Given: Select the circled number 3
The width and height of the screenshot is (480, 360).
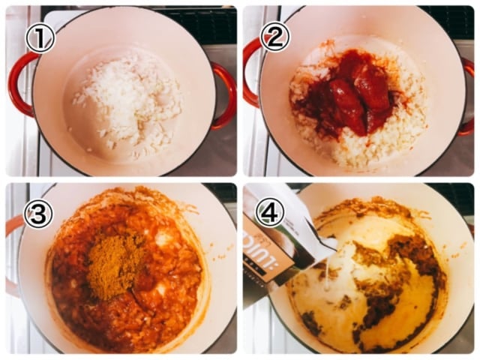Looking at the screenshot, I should [37, 214].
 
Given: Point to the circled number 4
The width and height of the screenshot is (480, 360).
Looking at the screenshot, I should [270, 212].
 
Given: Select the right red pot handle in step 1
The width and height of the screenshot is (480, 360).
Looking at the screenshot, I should [224, 94].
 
